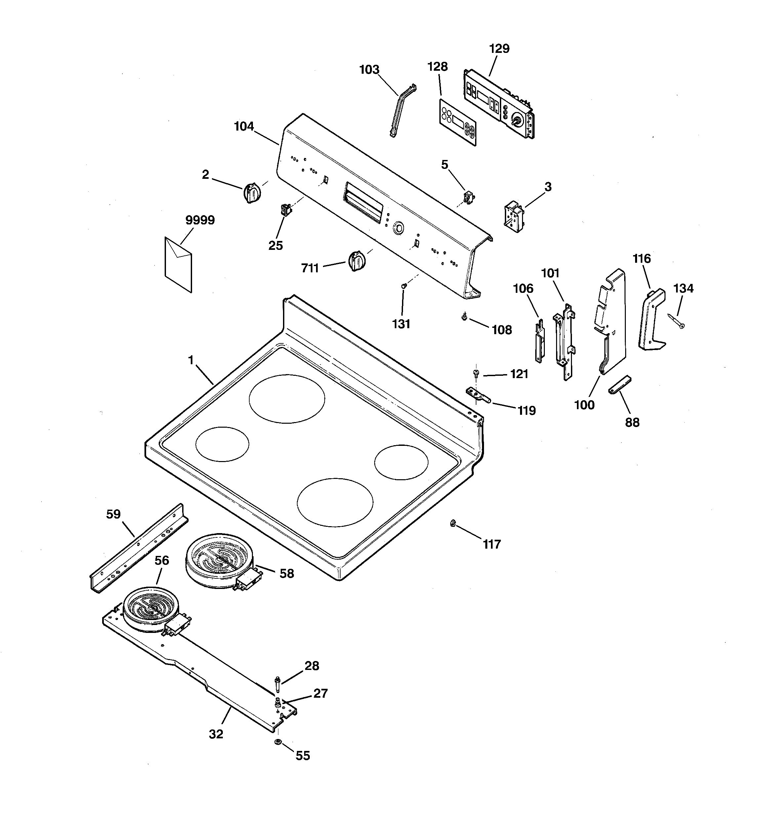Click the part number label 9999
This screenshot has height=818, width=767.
tap(200, 220)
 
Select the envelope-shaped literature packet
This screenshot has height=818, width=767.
tap(178, 265)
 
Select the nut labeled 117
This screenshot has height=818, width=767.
tap(453, 524)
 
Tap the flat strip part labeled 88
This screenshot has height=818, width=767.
tap(619, 385)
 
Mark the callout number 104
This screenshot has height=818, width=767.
tap(244, 126)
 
